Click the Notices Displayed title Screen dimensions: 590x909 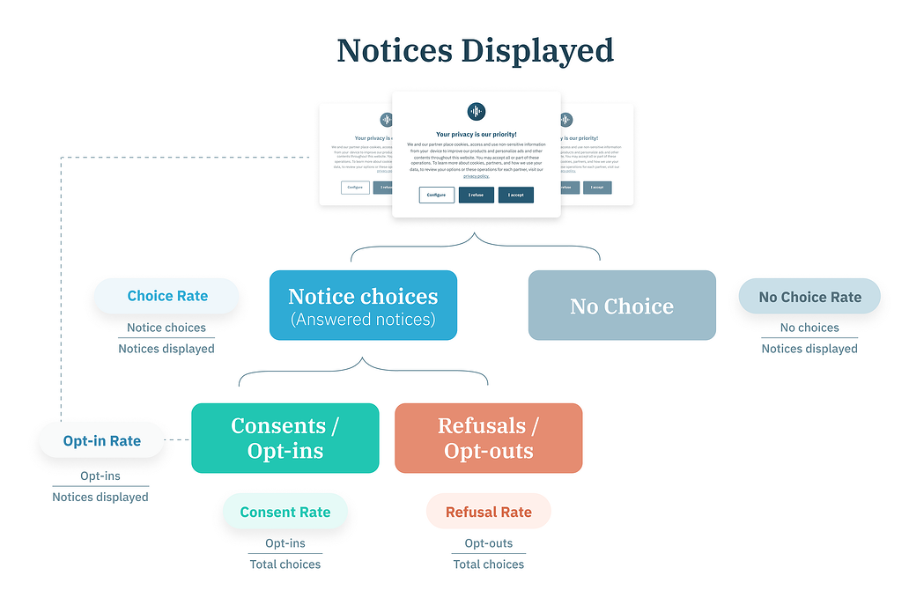475,50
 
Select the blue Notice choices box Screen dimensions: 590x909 363,305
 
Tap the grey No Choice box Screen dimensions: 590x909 622,306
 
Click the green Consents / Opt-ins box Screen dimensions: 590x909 285,438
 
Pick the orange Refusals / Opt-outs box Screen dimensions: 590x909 488,438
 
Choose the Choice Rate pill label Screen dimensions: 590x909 167,296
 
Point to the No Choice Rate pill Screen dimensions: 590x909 809,297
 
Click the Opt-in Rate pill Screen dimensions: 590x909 102,440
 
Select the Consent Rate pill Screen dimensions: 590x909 285,512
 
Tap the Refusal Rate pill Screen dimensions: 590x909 489,512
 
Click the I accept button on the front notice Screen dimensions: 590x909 515,195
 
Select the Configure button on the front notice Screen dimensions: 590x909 436,195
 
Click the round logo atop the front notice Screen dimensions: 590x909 476,111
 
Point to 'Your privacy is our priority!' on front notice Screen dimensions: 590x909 476,135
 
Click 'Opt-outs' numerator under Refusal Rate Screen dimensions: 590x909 489,543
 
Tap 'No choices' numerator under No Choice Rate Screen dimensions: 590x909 809,328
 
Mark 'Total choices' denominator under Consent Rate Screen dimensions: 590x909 285,564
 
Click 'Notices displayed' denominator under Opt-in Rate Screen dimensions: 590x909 100,497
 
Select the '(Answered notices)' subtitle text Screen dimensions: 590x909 363,320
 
